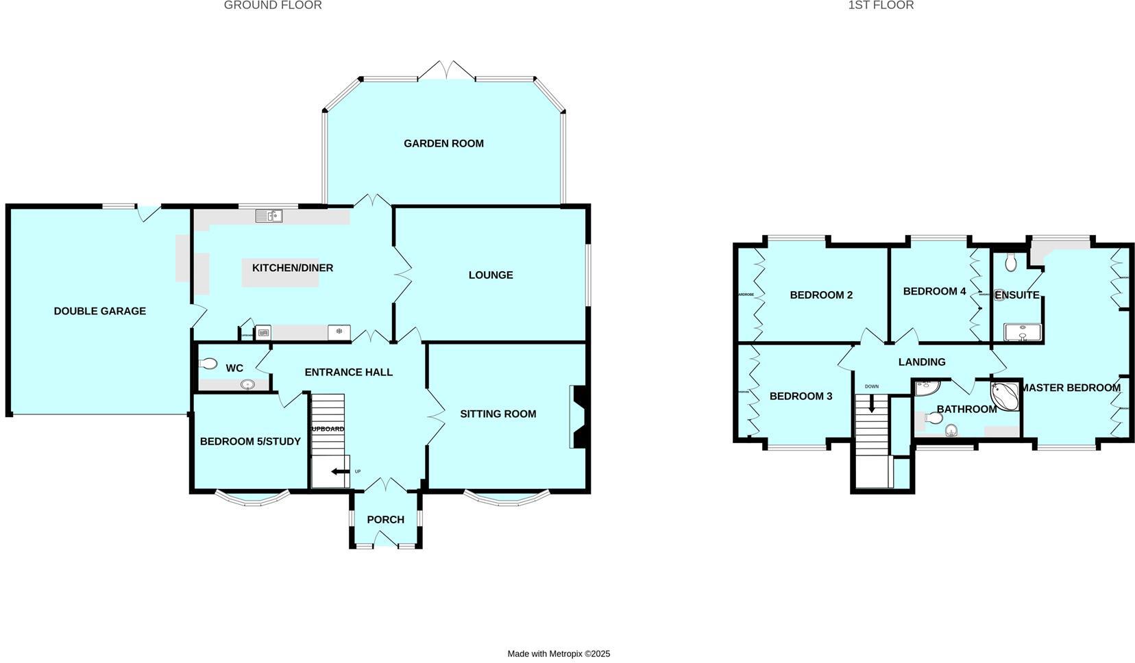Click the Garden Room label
[x=443, y=143]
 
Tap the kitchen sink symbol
[x=269, y=216]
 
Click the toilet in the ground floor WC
[x=208, y=364]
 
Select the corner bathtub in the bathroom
[x=1004, y=396]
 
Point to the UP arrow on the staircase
[x=339, y=471]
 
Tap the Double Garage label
[x=100, y=311]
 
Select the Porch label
[x=385, y=520]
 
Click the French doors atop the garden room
[x=446, y=70]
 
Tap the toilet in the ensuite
[x=1010, y=262]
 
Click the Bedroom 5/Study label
[x=250, y=442]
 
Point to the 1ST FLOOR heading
[x=881, y=5]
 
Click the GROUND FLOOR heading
[x=273, y=5]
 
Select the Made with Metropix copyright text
[x=559, y=654]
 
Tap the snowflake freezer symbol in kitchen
[x=339, y=332]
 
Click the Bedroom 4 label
[x=934, y=291]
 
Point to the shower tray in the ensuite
[x=1022, y=332]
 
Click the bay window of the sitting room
[x=507, y=499]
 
